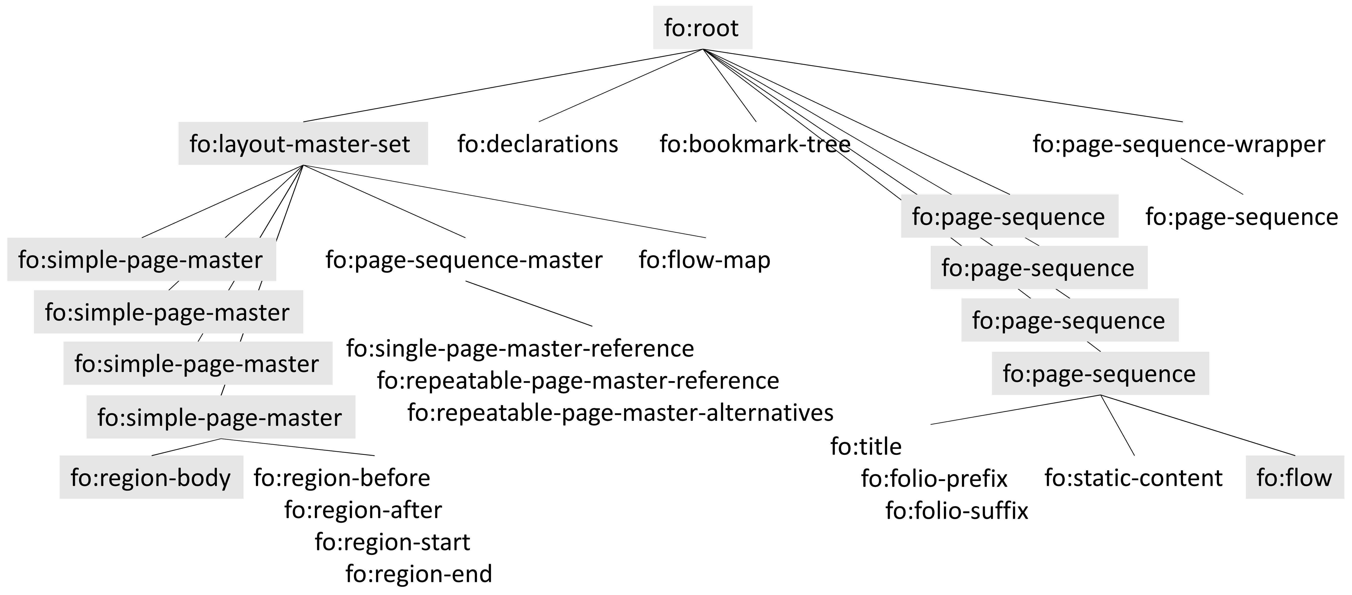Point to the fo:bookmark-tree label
pos(755,144)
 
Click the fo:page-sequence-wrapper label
pos(1178,144)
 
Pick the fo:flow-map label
pos(704,260)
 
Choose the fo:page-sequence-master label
pos(464,260)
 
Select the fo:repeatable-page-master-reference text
pos(578,380)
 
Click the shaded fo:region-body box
pos(151,477)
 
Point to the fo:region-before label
pos(342,477)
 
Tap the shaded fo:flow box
pos(1294,477)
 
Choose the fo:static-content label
pos(1133,477)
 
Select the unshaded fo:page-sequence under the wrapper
pos(1241,217)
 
